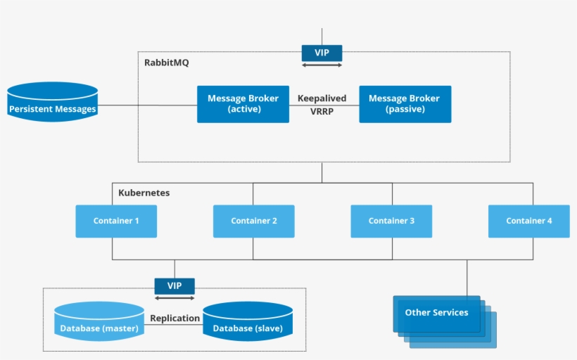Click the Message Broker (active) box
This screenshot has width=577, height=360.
coord(243,104)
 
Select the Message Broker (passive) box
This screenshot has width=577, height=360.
coord(405,104)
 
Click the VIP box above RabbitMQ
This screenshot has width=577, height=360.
coord(322,53)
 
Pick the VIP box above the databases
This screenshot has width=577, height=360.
coord(175,286)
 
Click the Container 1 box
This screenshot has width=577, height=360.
coord(116,221)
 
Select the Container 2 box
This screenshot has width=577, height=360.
coord(254,221)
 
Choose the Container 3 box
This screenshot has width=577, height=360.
coord(391,221)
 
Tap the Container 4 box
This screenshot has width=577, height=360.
coord(529,221)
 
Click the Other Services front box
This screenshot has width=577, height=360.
coord(436,313)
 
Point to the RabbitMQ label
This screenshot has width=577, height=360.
coord(167,63)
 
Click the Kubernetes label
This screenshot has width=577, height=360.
coord(144,193)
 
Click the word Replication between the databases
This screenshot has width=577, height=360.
coord(175,318)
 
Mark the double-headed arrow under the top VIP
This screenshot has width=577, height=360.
coord(322,65)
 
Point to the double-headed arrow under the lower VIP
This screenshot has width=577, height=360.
coord(175,298)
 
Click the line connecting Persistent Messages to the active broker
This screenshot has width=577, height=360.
coord(148,105)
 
